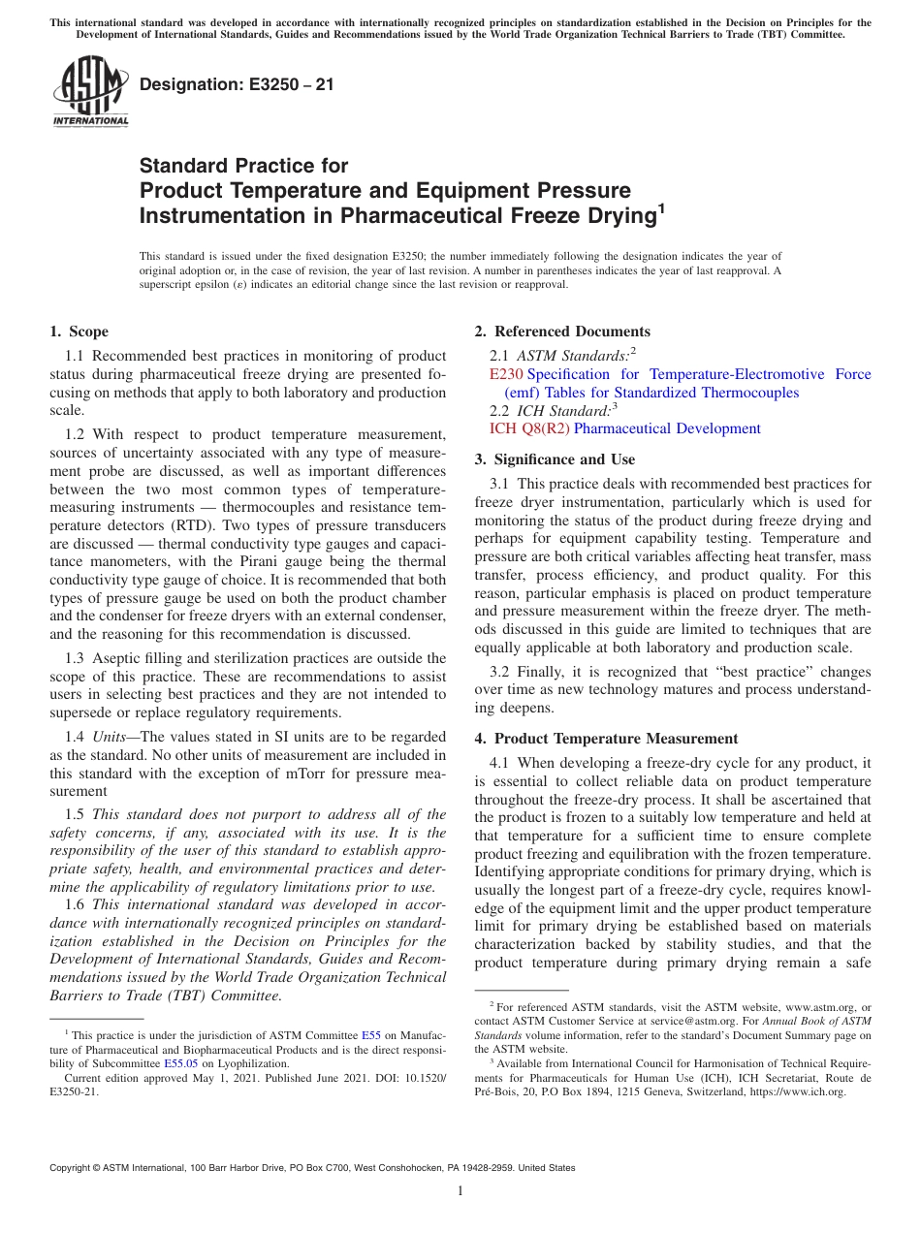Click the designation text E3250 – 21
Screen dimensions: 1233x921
pyautogui.click(x=237, y=84)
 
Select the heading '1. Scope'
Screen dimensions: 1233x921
pyautogui.click(x=79, y=332)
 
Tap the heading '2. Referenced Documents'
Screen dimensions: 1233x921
pyautogui.click(x=562, y=332)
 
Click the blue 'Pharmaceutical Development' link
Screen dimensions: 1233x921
pyautogui.click(x=667, y=428)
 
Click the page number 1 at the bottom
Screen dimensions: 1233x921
pyautogui.click(x=460, y=1191)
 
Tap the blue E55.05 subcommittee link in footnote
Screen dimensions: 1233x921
pyautogui.click(x=180, y=1063)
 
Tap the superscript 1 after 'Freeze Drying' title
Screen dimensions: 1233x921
pyautogui.click(x=661, y=207)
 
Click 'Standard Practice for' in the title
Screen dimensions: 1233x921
pyautogui.click(x=243, y=166)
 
